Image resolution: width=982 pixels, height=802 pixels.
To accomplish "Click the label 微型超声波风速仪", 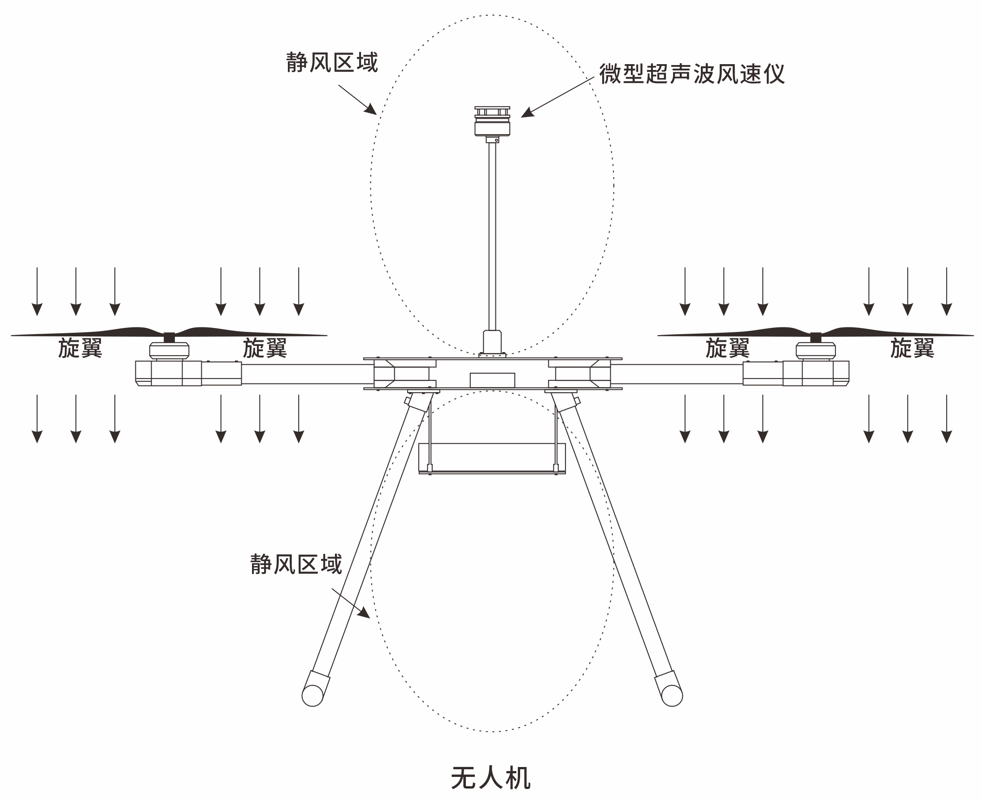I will click(691, 74).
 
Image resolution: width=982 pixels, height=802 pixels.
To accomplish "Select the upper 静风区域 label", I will click(332, 62).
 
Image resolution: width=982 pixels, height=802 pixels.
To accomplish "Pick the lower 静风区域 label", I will click(296, 564).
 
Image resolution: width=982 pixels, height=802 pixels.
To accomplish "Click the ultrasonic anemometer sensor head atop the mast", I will click(492, 122).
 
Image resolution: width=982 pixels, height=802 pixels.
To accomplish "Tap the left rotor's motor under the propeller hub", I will click(169, 351).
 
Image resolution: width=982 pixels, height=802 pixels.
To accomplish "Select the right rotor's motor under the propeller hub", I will click(815, 351).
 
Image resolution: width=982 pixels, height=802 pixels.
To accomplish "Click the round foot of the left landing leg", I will click(312, 696).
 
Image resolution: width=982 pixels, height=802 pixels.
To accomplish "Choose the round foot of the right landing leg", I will click(672, 696).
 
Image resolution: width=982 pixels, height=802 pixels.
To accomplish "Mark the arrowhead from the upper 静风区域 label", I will click(371, 110).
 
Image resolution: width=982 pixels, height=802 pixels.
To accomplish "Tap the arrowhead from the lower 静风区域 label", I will click(364, 613).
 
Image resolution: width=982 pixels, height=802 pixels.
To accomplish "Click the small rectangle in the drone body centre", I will click(492, 380).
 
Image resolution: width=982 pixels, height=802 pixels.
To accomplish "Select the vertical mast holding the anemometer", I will click(492, 235).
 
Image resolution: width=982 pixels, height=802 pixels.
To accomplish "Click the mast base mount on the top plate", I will click(492, 343).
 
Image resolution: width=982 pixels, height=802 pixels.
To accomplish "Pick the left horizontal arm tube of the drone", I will click(307, 374).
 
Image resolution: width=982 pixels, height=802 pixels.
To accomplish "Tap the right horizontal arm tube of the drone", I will click(677, 374).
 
